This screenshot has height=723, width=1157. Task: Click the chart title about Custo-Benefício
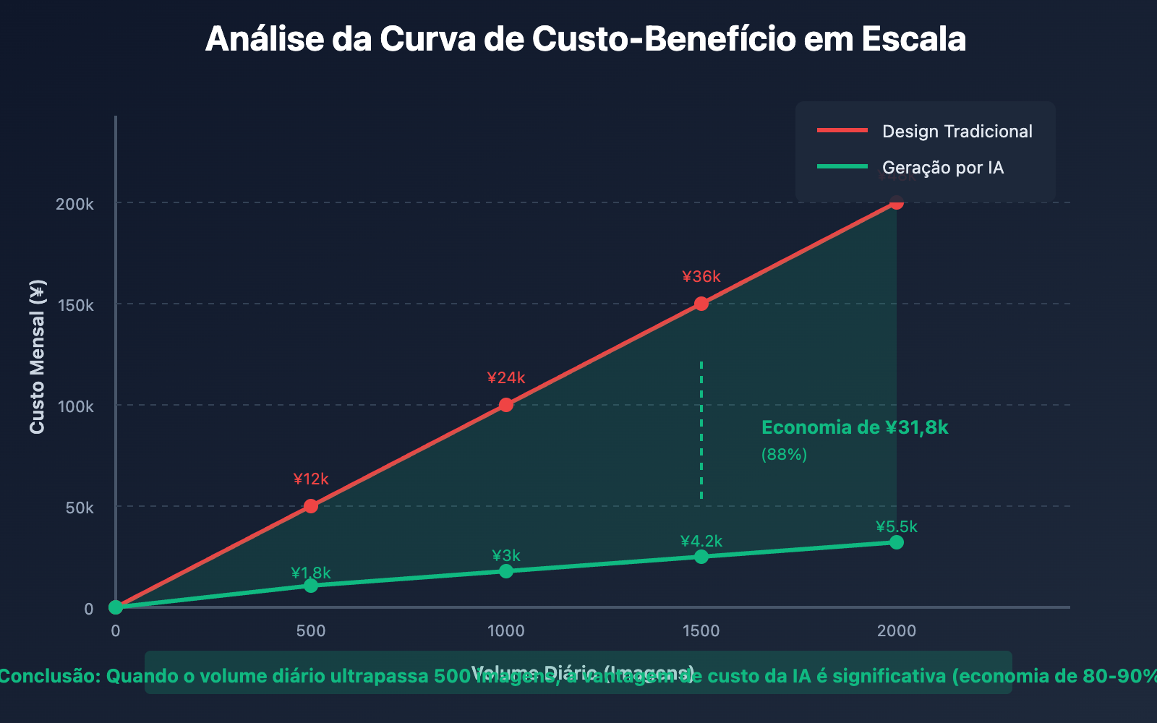tap(585, 39)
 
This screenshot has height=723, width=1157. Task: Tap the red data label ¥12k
tap(311, 479)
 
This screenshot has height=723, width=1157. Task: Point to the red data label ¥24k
tap(506, 378)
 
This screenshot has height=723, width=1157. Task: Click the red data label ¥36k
tap(701, 277)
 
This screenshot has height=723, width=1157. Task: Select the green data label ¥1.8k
tap(311, 573)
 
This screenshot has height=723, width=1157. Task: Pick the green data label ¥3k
tap(506, 556)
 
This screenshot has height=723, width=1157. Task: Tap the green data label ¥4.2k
tap(701, 542)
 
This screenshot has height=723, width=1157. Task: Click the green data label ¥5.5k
tap(897, 527)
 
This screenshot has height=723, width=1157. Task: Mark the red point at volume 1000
tap(506, 405)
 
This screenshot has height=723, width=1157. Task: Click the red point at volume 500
tap(311, 506)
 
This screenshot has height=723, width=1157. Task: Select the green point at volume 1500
tap(701, 557)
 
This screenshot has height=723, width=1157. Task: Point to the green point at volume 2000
tap(897, 542)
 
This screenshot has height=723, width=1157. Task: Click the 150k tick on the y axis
tap(75, 305)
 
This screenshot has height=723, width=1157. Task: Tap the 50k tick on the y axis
tap(80, 508)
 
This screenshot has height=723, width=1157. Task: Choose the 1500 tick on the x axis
tap(701, 631)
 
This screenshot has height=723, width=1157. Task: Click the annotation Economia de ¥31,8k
tap(855, 428)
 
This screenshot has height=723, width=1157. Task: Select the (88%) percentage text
tap(784, 455)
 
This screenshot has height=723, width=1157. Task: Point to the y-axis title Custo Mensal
tap(38, 356)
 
